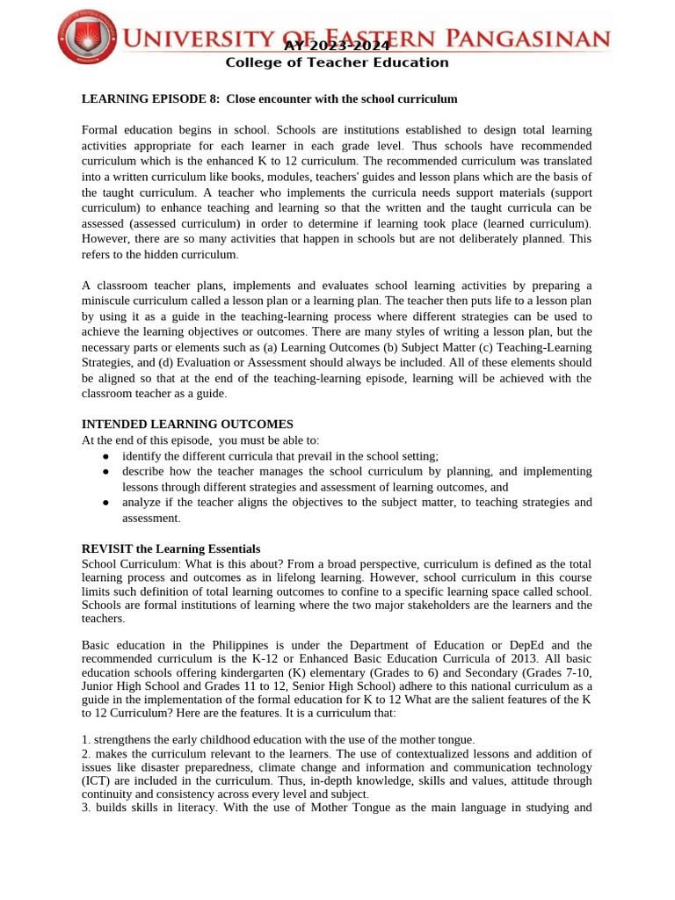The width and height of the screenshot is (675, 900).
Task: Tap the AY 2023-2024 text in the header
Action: tap(337, 46)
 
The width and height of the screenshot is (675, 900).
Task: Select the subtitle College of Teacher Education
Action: tap(337, 62)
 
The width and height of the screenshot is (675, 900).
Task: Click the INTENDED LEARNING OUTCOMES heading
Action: tap(187, 425)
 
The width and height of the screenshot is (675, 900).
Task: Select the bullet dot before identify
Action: tap(105, 456)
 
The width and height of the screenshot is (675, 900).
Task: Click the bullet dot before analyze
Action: tap(105, 503)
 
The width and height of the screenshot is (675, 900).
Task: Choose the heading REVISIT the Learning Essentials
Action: tap(171, 549)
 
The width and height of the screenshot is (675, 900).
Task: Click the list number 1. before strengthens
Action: tap(86, 739)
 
